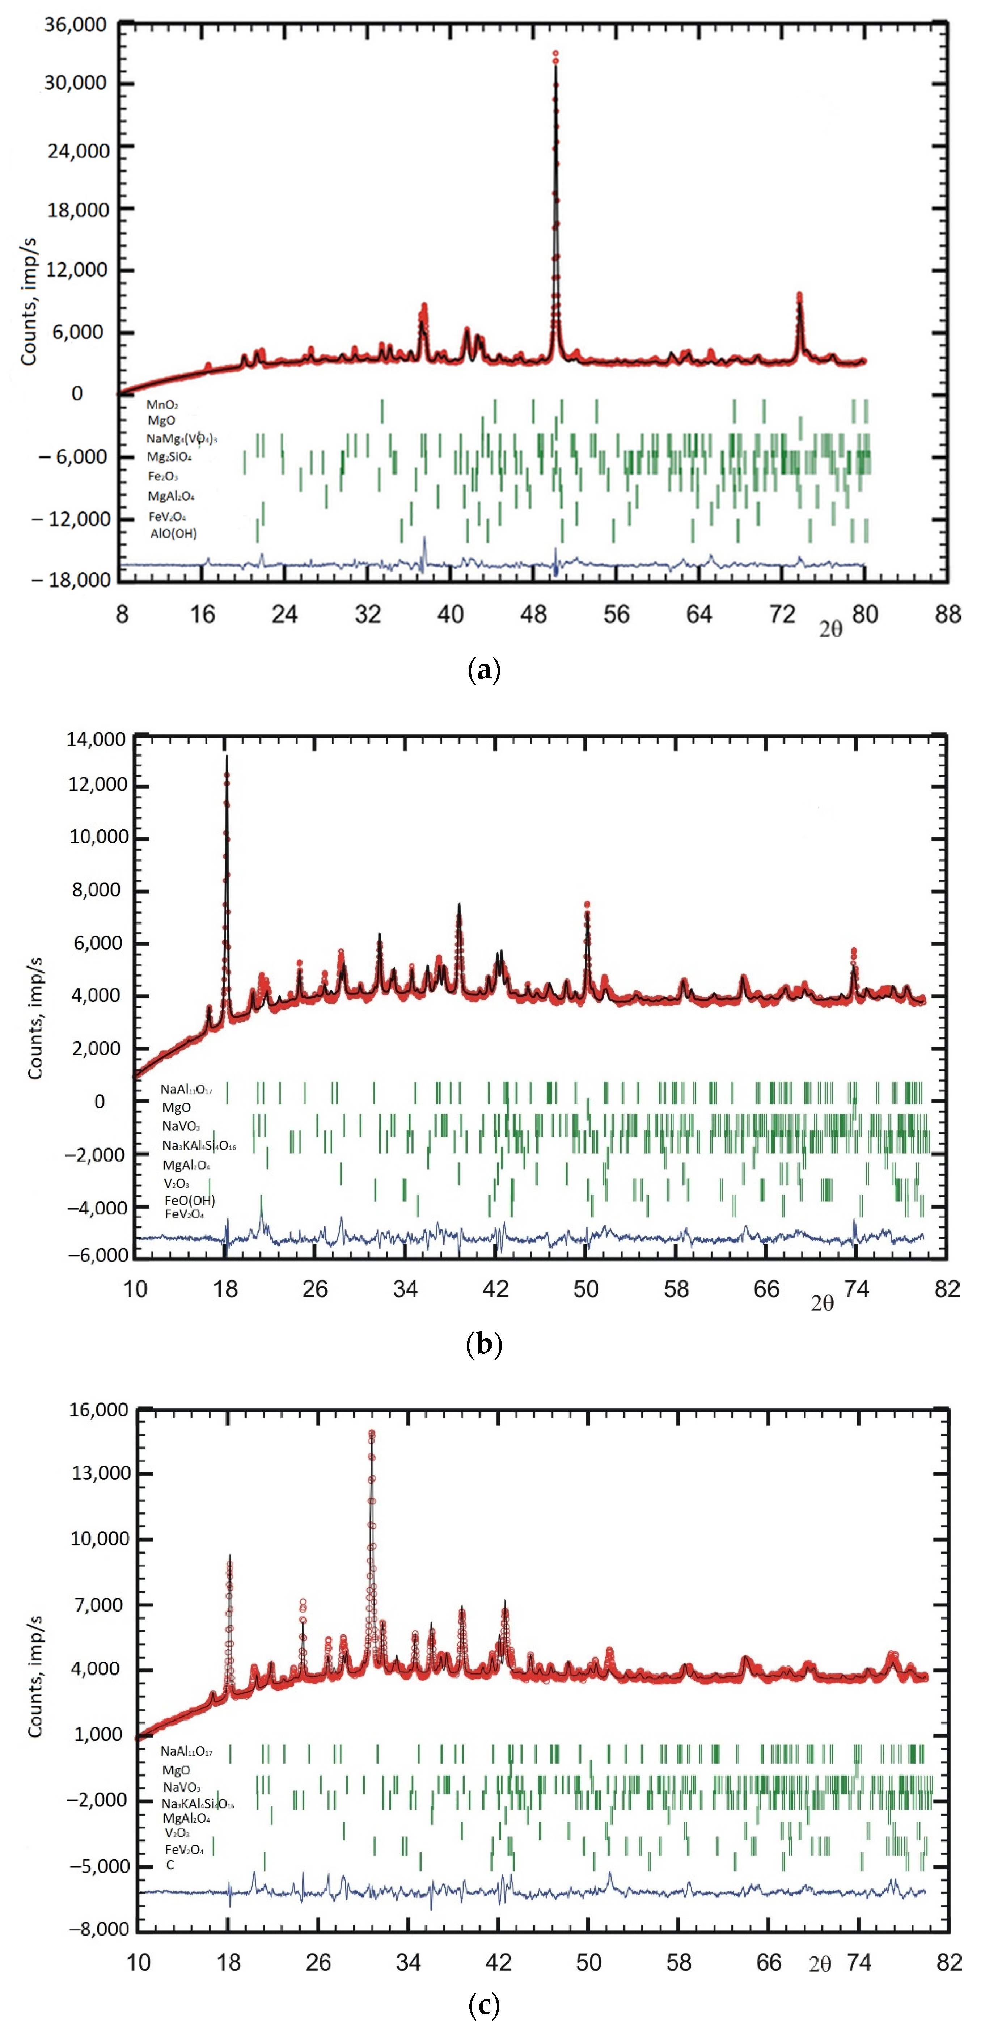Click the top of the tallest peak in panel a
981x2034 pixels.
coord(555,54)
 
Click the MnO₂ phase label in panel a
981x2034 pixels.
coord(162,404)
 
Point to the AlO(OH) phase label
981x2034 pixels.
coord(174,534)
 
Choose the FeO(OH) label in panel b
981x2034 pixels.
coord(189,1200)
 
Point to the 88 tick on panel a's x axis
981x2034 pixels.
coord(947,614)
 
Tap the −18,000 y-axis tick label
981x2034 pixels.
coord(71,580)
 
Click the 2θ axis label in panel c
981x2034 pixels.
coord(820,1964)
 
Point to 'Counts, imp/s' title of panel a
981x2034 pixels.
coord(29,300)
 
